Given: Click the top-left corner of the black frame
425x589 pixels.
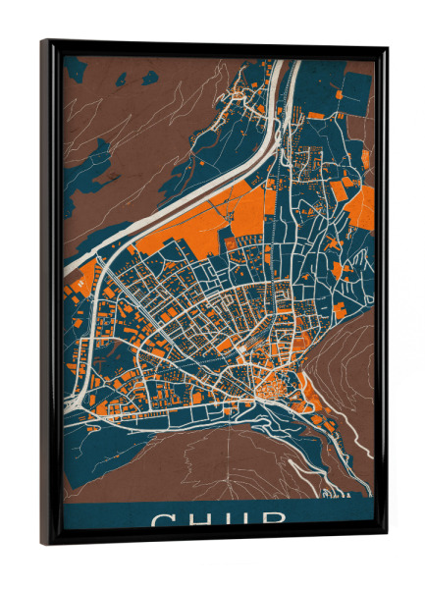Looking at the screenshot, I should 42,41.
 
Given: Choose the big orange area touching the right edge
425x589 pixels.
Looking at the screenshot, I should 360,206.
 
